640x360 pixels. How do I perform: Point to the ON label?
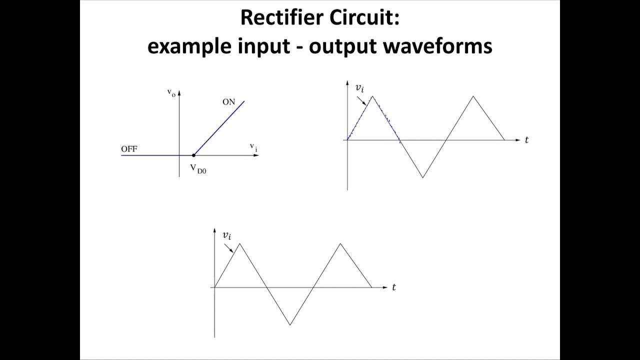pos(228,102)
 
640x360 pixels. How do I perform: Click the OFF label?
pos(129,148)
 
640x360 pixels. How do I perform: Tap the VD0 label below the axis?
pos(198,168)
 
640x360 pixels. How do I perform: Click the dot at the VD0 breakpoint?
pos(194,155)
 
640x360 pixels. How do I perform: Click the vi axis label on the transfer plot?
pos(253,146)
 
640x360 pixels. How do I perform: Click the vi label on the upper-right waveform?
pos(359,88)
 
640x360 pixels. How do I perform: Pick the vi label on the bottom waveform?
pos(227,234)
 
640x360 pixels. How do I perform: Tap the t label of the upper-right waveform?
pos(526,140)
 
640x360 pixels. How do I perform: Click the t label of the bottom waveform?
pos(394,287)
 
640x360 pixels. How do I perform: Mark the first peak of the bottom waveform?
pos(240,243)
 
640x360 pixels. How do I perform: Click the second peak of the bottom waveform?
pos(340,243)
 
